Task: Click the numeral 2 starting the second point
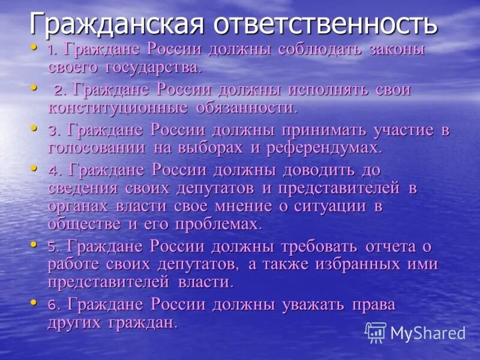click(59, 91)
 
